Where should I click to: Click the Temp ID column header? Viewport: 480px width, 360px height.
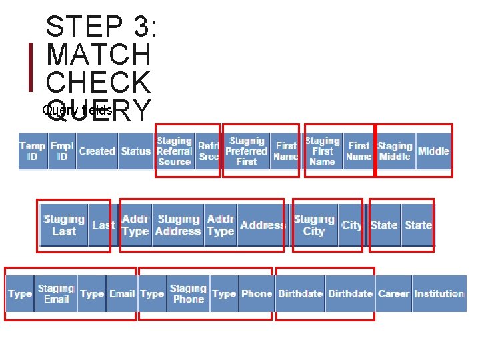(32, 151)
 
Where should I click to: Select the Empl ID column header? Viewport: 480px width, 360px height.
(62, 151)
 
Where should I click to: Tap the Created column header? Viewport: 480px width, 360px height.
(97, 151)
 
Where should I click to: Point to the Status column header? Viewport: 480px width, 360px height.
(135, 151)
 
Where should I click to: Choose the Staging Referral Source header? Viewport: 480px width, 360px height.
(174, 151)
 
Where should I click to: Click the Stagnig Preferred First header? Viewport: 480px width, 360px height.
(246, 151)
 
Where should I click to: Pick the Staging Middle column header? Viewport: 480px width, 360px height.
(395, 151)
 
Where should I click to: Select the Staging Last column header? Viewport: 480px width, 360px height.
(64, 225)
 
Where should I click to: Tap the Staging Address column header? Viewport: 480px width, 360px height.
(178, 225)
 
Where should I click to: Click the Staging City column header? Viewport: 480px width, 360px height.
(313, 225)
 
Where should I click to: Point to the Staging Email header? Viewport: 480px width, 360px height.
(56, 294)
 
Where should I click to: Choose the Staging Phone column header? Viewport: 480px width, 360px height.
(188, 294)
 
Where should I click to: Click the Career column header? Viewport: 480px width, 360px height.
(393, 294)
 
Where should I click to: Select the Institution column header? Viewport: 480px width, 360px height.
(439, 294)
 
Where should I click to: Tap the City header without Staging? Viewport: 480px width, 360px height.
(351, 225)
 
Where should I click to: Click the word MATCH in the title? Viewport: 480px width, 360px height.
(99, 54)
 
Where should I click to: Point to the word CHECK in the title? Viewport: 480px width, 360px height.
(99, 82)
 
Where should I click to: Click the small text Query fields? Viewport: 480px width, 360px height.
(77, 110)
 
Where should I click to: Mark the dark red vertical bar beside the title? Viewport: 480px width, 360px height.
(31, 67)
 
